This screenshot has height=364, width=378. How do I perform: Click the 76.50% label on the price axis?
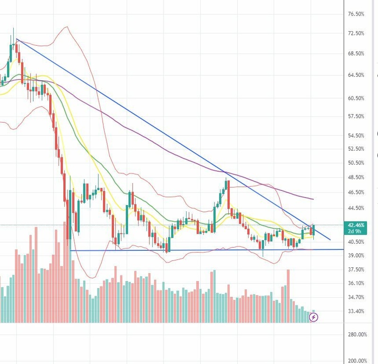(355, 14)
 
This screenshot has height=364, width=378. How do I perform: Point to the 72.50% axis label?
(355, 33)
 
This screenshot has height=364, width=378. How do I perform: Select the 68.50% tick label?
(355, 54)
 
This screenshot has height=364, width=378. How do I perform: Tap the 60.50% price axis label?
(355, 99)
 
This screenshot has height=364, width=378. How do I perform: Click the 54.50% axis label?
(355, 136)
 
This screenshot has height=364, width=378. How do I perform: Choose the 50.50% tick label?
(355, 163)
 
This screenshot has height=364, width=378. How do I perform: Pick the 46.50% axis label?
(355, 192)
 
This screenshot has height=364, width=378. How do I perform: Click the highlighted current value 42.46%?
(355, 225)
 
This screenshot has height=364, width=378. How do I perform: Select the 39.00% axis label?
(355, 256)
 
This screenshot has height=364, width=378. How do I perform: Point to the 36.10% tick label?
(355, 283)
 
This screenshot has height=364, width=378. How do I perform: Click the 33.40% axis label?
(355, 311)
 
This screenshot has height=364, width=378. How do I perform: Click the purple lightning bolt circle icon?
(314, 317)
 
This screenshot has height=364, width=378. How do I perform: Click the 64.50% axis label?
(355, 75)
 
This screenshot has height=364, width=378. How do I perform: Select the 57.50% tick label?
(355, 116)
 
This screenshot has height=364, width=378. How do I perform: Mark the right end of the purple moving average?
(313, 199)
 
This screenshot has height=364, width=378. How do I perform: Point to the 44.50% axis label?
(355, 208)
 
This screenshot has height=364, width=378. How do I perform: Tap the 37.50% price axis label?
(355, 270)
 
